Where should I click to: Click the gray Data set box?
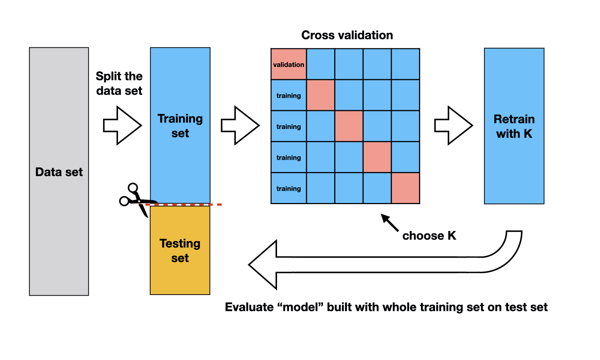(x=59, y=172)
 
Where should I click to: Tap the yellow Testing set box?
(x=180, y=250)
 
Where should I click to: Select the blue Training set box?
(x=180, y=126)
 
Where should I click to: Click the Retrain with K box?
(x=514, y=126)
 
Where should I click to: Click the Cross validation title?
(x=347, y=35)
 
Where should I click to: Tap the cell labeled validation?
(x=289, y=64)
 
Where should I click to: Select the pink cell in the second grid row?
(x=321, y=95)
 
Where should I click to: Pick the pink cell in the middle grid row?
(x=349, y=126)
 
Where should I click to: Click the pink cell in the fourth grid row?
(x=377, y=157)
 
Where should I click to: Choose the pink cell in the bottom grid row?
(x=406, y=188)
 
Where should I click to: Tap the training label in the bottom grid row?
(x=289, y=188)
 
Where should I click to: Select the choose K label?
(x=429, y=236)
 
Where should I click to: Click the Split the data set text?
(x=119, y=83)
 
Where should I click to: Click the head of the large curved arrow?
(x=264, y=265)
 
